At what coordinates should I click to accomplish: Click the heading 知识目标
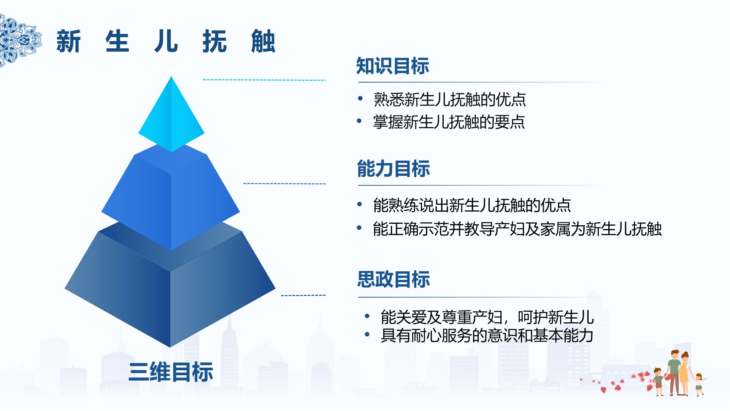(x=393, y=66)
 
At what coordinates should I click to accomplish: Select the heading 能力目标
(x=394, y=169)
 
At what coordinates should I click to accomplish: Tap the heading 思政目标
(x=394, y=279)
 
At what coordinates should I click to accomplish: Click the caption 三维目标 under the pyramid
(x=171, y=372)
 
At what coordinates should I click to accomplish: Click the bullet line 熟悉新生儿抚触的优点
(x=450, y=100)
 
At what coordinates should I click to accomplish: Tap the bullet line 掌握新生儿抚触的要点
(x=449, y=122)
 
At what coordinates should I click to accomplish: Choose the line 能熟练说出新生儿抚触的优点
(x=472, y=205)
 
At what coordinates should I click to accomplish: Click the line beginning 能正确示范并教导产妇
(x=517, y=229)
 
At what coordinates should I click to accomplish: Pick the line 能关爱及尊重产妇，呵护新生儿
(x=487, y=317)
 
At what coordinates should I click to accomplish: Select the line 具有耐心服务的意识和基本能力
(x=487, y=336)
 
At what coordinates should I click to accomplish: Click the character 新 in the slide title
(x=69, y=41)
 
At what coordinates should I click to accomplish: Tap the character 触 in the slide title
(x=263, y=41)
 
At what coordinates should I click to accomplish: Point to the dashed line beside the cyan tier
(x=264, y=80)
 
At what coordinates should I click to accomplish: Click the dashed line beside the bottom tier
(x=303, y=295)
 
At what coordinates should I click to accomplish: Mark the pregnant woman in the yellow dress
(x=684, y=373)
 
